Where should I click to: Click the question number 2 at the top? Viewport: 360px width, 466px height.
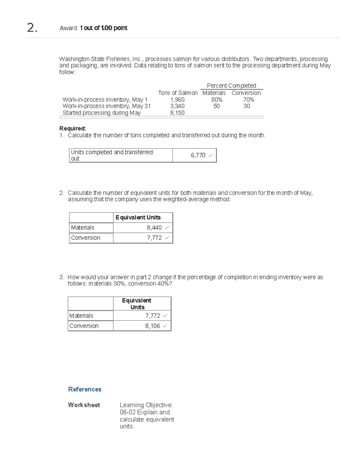coord(32,28)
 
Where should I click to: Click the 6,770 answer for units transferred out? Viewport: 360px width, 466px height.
coord(198,155)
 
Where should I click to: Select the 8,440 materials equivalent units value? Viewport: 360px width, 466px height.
coord(154,228)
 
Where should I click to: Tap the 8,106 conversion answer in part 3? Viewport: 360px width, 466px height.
coord(152,326)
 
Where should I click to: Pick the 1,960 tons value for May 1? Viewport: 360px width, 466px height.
coord(177,100)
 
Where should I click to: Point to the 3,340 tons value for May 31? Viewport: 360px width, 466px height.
coord(177,106)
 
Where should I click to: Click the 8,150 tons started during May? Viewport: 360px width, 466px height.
coord(177,113)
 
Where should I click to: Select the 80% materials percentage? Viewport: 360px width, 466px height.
coord(217,100)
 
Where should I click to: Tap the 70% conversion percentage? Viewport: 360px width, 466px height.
coord(248,100)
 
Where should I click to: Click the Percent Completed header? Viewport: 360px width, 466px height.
coord(231,86)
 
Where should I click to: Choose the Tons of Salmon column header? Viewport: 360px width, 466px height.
coord(178,93)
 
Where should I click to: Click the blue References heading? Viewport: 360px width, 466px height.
coord(85,389)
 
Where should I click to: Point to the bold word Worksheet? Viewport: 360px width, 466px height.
coord(84,405)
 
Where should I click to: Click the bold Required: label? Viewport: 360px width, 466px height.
coord(73,129)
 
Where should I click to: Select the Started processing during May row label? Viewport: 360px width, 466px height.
coord(101,113)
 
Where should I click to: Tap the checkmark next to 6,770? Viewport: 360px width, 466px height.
coord(211,155)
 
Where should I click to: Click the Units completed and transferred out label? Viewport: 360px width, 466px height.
coord(112,155)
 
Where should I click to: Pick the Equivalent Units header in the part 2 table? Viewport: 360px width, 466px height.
coord(138,218)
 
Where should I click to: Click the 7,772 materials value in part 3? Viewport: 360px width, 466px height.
coord(152,316)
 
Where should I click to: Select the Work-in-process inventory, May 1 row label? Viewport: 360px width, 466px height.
coord(105,100)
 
